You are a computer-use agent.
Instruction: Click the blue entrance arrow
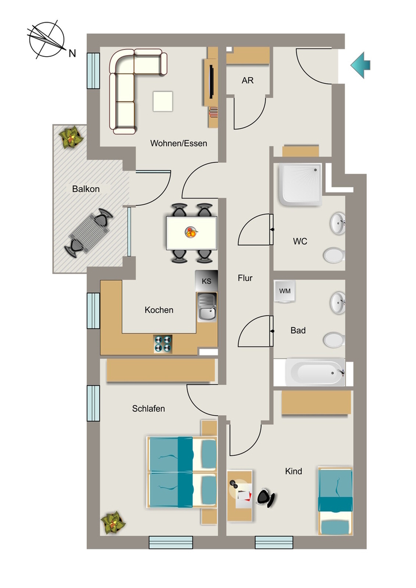pos(360,65)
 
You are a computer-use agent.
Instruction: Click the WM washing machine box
pos(285,291)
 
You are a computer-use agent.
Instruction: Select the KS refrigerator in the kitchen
pos(206,281)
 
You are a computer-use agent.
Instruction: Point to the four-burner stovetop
pos(163,344)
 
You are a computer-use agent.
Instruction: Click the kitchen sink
pos(207,307)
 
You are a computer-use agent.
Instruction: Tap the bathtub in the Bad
pos(315,372)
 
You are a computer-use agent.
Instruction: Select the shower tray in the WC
pos(300,184)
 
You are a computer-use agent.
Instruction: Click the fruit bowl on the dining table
pos(191,232)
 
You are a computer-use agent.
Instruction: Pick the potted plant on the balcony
pos(71,137)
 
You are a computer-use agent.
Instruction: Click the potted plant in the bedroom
pos(113,523)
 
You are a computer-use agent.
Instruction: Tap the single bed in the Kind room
pos(336,501)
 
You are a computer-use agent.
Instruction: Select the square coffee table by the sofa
pos(163,101)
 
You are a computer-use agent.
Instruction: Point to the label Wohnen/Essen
pos(179,143)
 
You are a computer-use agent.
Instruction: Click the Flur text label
pos(245,278)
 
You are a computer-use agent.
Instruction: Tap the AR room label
pos(248,80)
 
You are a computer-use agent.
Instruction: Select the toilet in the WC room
pos(334,255)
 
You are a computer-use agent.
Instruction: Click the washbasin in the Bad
pos(338,302)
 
